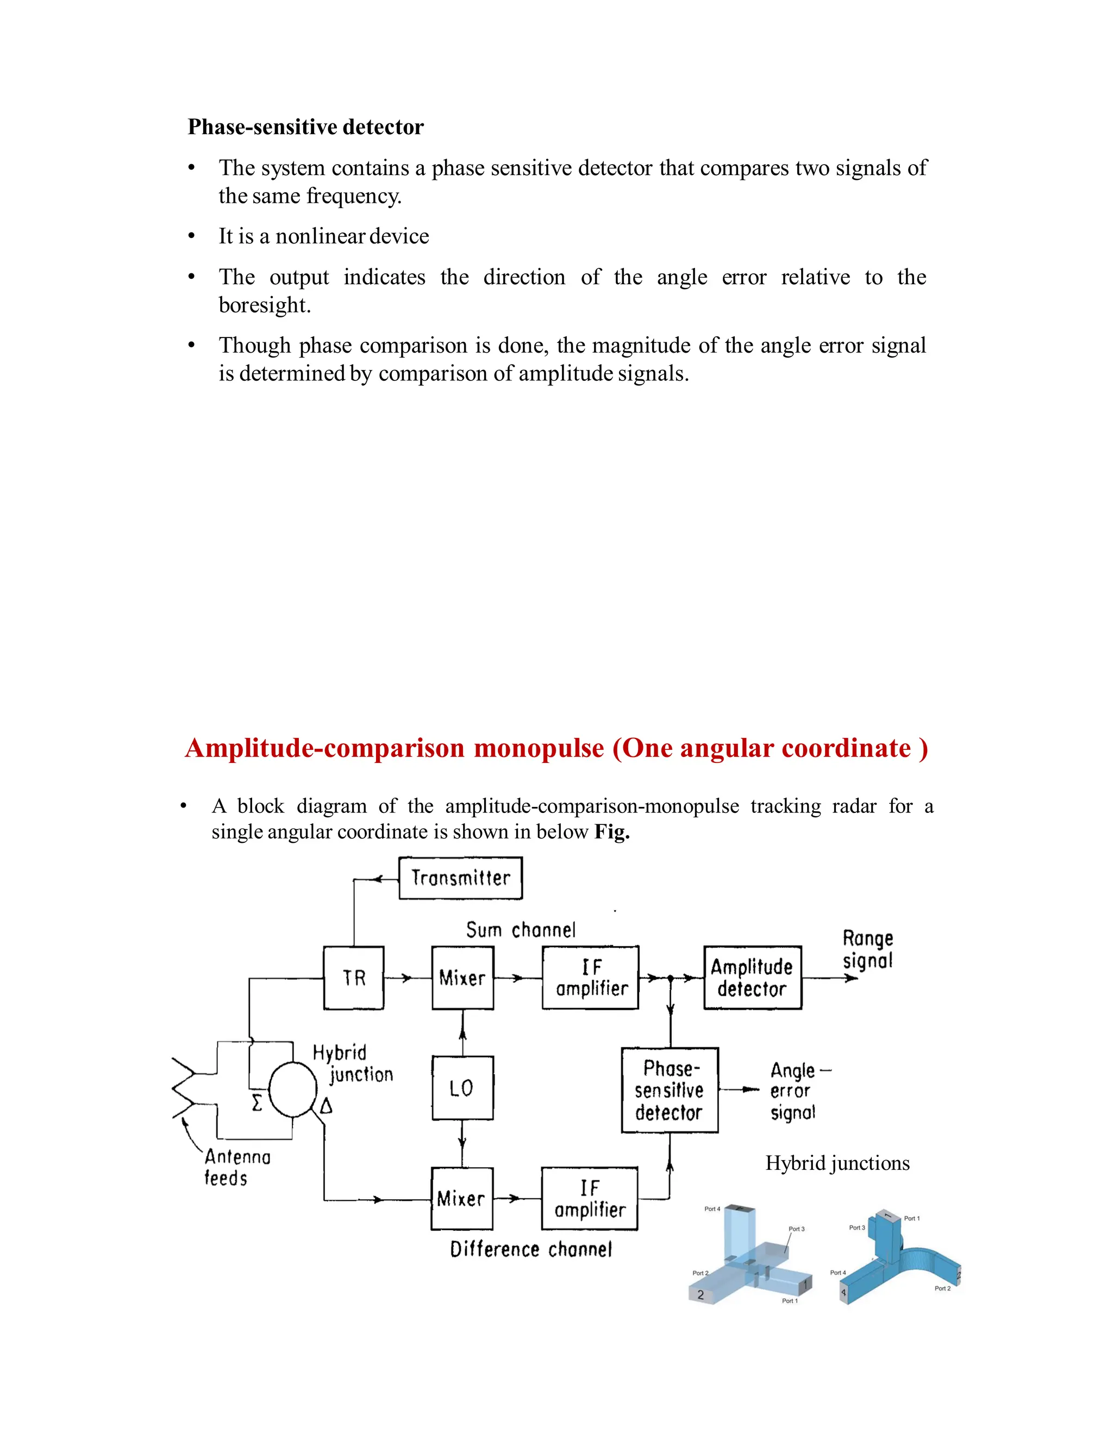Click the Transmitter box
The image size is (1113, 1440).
click(x=460, y=878)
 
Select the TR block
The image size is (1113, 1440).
click(x=353, y=978)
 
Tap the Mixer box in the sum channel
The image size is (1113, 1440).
click(x=462, y=978)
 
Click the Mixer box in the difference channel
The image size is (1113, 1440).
click(x=461, y=1198)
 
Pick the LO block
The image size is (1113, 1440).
click(x=462, y=1088)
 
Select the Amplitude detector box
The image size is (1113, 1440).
click(x=752, y=978)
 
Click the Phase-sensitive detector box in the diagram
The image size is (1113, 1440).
click(x=669, y=1091)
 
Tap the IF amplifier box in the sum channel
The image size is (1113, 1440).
click(x=590, y=978)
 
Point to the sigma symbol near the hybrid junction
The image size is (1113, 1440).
click(x=257, y=1103)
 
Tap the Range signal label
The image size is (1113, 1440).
click(x=868, y=949)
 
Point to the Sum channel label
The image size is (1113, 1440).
click(x=520, y=930)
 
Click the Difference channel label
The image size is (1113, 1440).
click(x=531, y=1249)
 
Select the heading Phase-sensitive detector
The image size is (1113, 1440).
click(x=305, y=127)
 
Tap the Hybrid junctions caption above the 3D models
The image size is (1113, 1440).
click(x=837, y=1163)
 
